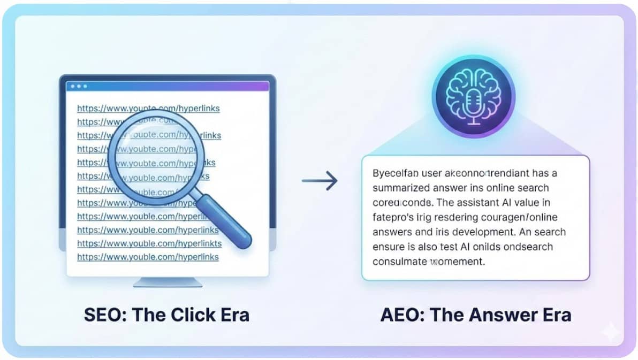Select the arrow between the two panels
click(x=320, y=181)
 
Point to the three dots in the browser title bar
click(x=79, y=86)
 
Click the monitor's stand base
click(x=167, y=281)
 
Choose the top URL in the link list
click(x=148, y=109)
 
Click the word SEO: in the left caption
click(x=105, y=315)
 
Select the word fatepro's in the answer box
click(x=392, y=218)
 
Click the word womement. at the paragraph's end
click(x=458, y=262)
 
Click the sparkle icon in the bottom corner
click(x=609, y=332)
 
